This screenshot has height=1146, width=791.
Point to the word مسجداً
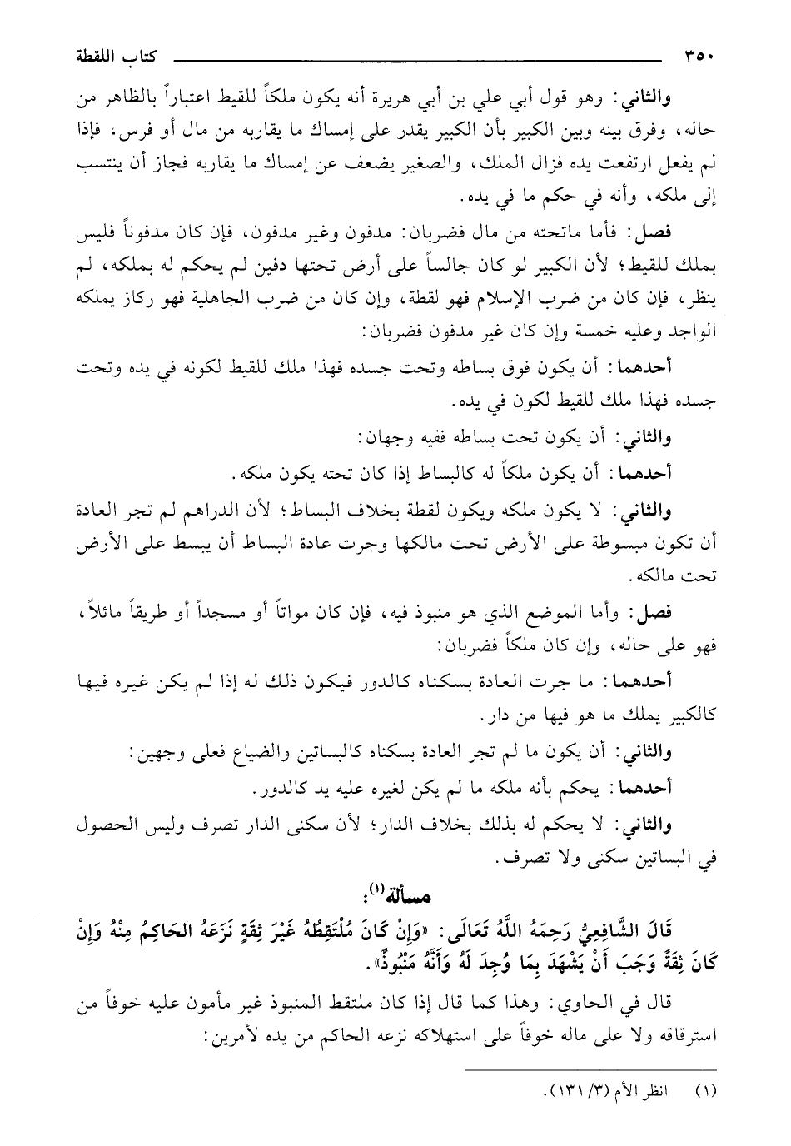207,614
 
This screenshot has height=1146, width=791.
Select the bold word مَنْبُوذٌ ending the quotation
267,962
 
